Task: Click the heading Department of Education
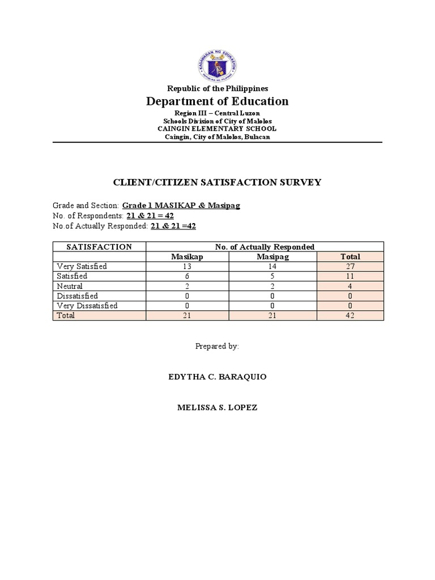pos(217,101)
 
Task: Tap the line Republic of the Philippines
pos(217,88)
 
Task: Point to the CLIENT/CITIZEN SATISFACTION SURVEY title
pos(217,182)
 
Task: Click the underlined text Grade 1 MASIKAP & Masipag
pos(181,206)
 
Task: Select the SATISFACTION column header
pos(99,247)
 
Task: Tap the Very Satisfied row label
pos(82,266)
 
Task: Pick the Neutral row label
pos(69,286)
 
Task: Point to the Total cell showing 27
pos(350,267)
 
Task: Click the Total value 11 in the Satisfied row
pos(350,276)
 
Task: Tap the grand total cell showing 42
pos(350,316)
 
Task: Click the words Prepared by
pos(217,346)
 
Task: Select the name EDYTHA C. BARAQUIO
pos(217,377)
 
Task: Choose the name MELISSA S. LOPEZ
pos(217,408)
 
